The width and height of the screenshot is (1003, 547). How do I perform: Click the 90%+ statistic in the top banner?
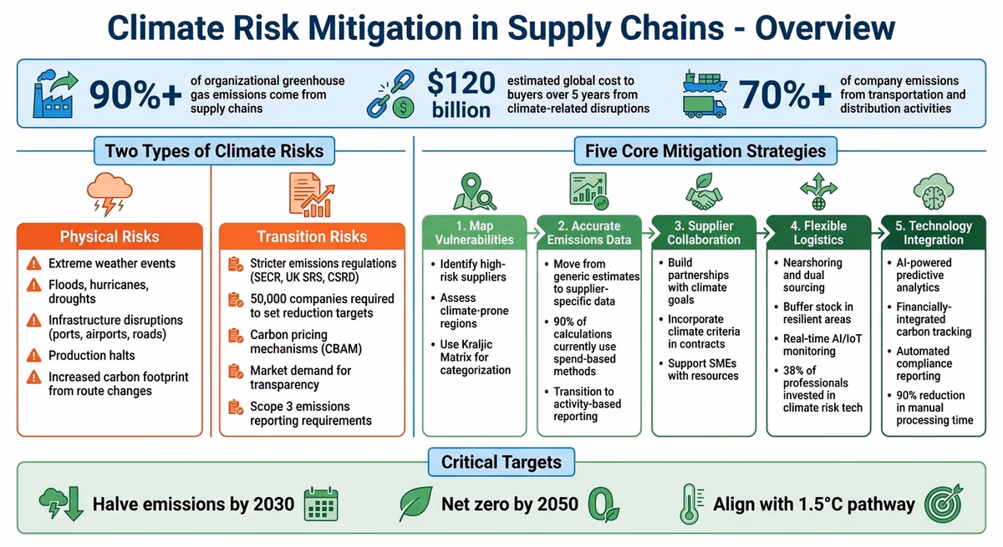(135, 94)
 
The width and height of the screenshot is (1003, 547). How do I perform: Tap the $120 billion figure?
(461, 94)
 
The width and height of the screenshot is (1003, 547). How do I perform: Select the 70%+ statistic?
(785, 94)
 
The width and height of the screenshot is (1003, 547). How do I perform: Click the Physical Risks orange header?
(109, 236)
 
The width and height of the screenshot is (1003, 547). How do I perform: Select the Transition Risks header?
(312, 236)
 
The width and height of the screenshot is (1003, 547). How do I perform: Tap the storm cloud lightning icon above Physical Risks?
(109, 195)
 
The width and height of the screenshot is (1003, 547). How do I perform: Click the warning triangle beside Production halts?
(33, 356)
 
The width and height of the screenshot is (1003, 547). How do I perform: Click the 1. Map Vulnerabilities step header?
(474, 233)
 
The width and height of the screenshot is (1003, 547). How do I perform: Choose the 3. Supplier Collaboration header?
(704, 233)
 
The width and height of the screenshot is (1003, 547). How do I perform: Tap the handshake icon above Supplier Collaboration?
(704, 194)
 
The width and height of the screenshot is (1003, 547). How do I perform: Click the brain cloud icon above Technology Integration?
(934, 193)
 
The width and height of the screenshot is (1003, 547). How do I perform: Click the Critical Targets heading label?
(501, 462)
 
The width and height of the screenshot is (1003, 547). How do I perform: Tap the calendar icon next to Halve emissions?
(320, 504)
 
